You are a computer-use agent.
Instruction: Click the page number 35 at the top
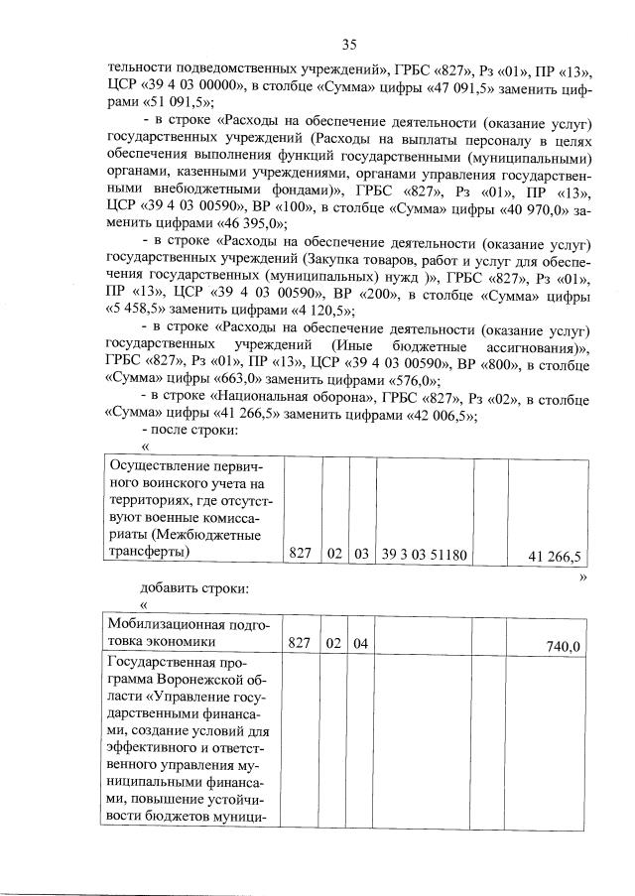tap(349, 44)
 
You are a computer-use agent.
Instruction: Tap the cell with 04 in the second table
tap(360, 646)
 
